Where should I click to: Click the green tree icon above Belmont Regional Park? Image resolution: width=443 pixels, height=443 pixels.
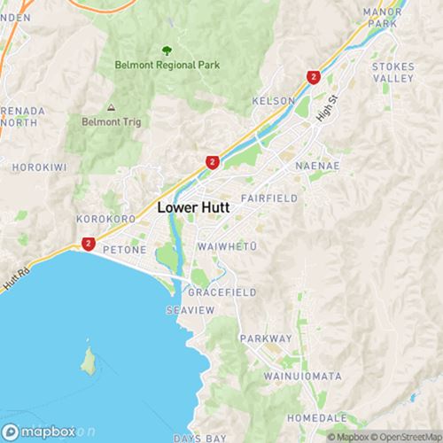coord(165,50)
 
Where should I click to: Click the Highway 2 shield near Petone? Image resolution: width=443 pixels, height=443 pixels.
coord(89,243)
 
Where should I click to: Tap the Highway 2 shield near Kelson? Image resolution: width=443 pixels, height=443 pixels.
coord(313,78)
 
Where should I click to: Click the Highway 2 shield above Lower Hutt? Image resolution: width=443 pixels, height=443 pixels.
coord(212,163)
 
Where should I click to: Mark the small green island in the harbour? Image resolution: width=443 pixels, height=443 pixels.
coord(88,361)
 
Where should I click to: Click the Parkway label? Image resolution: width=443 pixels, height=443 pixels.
coord(267,338)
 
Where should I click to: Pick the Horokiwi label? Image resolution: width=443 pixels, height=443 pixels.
coord(36,166)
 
